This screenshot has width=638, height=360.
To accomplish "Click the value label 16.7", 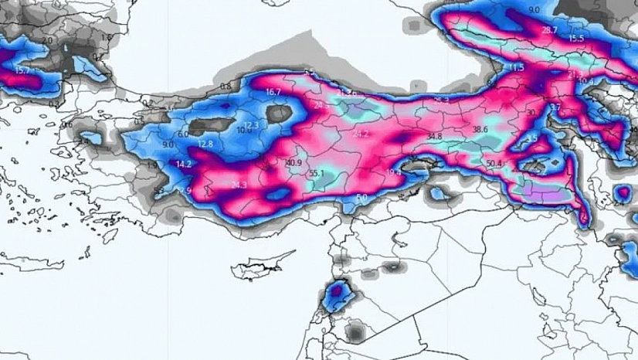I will [x=273, y=92].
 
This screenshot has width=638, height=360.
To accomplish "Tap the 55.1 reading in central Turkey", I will [x=316, y=174].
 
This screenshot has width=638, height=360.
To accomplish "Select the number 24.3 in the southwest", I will [x=239, y=185].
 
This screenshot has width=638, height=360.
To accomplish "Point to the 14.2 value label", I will [x=184, y=165].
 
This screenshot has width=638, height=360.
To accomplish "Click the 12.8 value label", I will [x=205, y=144].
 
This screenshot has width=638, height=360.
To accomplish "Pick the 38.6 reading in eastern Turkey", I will [x=480, y=130].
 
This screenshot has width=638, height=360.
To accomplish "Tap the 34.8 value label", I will [x=434, y=137].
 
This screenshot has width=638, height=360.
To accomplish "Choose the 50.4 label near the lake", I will [x=494, y=164].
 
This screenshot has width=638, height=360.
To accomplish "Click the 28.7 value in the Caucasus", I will [x=549, y=30].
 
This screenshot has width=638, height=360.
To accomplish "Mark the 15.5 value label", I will [x=576, y=38].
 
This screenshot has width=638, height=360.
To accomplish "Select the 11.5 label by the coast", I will [x=516, y=68].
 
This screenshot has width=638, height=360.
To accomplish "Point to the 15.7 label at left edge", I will [x=21, y=70].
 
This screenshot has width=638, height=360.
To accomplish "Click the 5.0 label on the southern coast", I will [x=361, y=198].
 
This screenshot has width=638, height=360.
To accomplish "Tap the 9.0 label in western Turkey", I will [x=168, y=144].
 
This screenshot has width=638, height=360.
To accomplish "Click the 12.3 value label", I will [x=252, y=125].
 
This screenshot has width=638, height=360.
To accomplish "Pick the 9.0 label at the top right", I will [x=534, y=10].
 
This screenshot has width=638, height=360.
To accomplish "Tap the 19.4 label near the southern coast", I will [x=394, y=172].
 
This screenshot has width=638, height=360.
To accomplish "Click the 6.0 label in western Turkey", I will [x=183, y=134].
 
